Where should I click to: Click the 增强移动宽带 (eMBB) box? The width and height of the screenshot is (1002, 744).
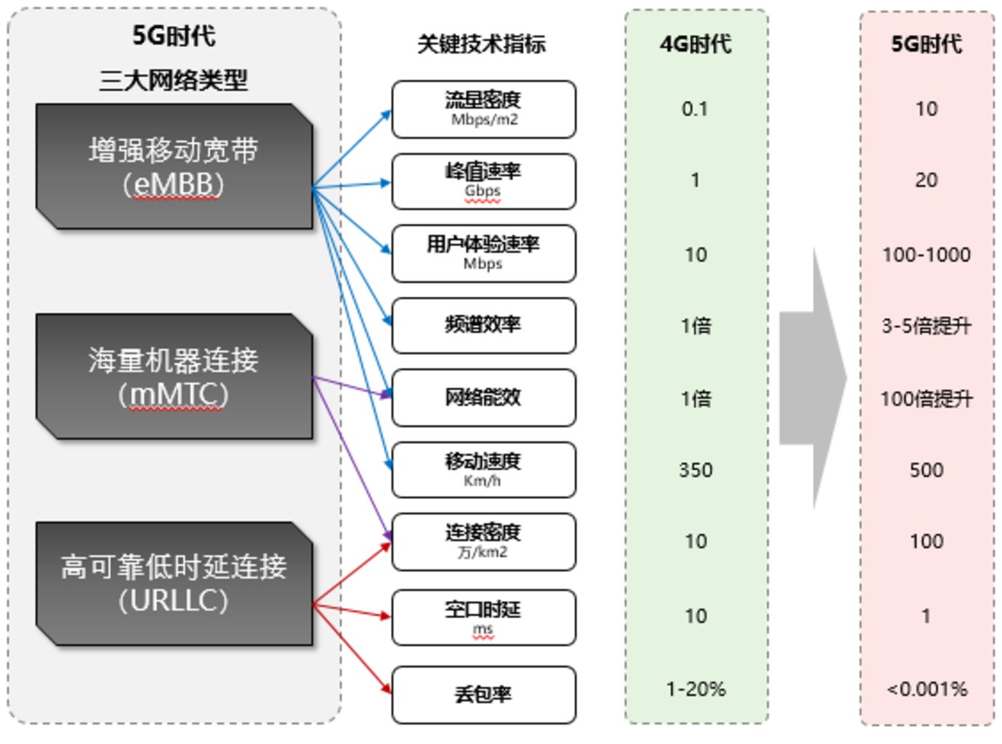tap(174, 167)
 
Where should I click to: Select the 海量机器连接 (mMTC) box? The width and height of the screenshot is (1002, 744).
tap(174, 377)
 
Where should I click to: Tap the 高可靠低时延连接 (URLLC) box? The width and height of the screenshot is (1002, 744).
tap(174, 584)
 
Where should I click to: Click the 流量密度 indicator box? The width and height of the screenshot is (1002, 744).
tap(483, 109)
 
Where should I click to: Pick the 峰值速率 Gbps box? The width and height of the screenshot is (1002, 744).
tap(483, 181)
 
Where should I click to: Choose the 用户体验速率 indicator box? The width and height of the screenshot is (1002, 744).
tap(483, 253)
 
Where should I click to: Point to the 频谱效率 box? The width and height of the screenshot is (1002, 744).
tap(483, 325)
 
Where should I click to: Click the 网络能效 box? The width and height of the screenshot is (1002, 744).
tap(483, 397)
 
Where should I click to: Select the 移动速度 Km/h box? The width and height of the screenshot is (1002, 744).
tap(483, 470)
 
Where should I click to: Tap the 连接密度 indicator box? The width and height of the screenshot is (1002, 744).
tap(483, 541)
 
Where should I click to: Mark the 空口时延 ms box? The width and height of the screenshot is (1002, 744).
tap(483, 617)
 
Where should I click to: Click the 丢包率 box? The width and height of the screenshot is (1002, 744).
tap(483, 694)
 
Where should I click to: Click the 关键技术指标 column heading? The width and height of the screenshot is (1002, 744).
tap(481, 44)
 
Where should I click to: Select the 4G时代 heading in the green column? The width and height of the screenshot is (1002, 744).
tap(695, 44)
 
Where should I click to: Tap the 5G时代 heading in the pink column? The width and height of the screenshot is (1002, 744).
tap(926, 44)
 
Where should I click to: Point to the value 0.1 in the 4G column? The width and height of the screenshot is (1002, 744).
tap(695, 109)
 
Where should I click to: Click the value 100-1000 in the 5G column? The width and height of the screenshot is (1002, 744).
tap(926, 255)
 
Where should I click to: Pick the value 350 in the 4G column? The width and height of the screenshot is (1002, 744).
tap(695, 470)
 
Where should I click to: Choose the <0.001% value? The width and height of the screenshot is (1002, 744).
tap(927, 690)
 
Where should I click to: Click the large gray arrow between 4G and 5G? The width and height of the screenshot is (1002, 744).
tap(813, 378)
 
